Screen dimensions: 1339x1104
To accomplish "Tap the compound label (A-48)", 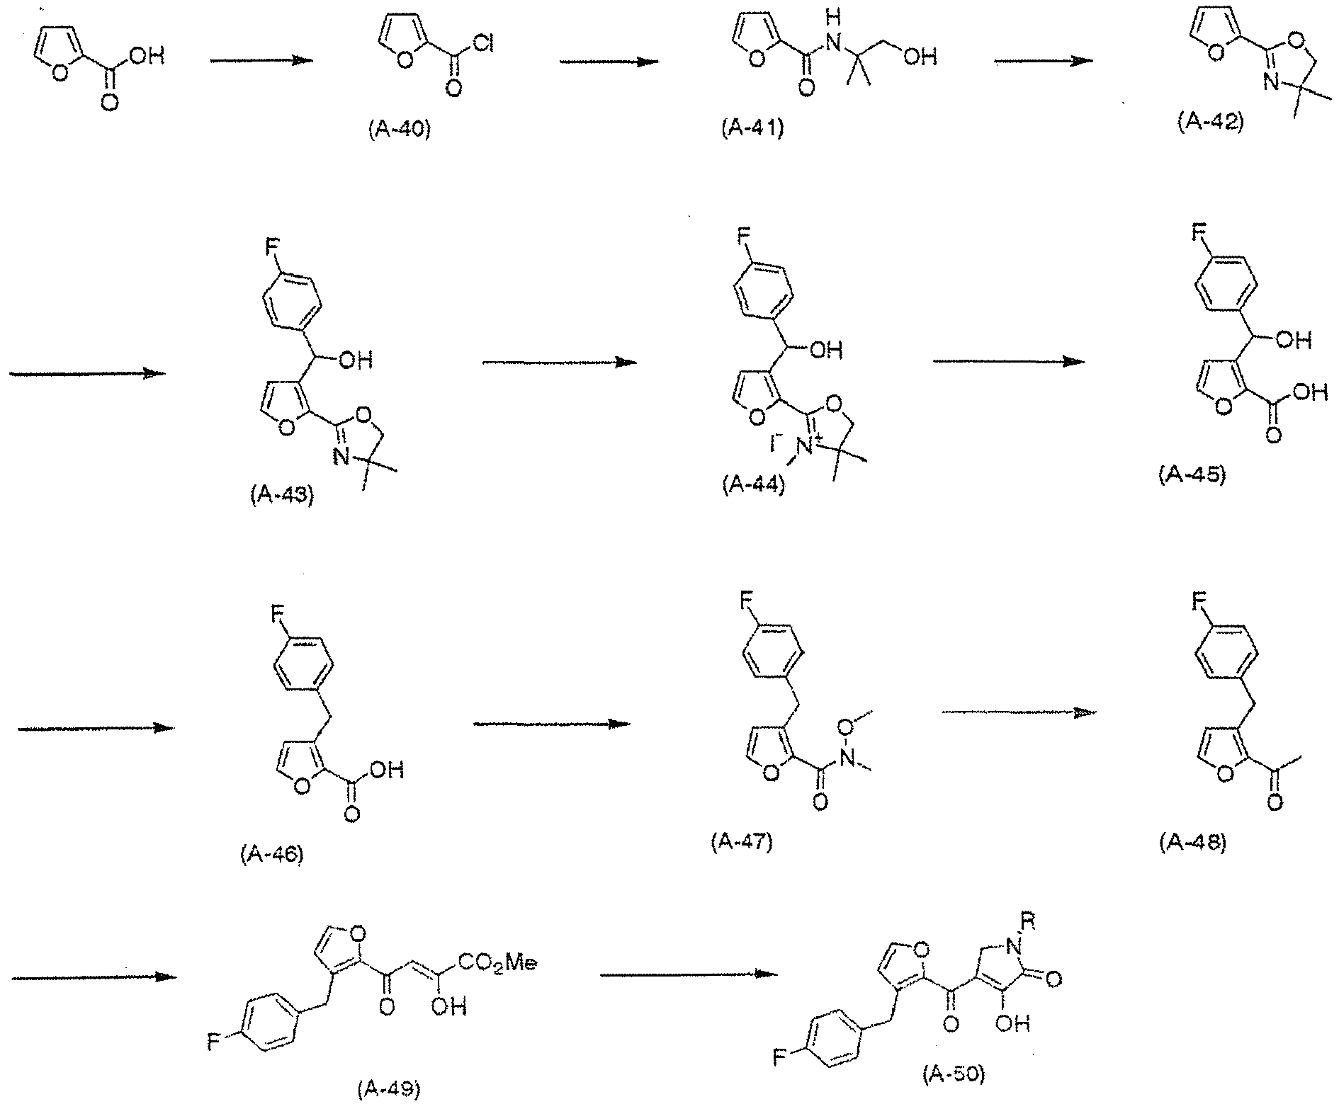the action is pyautogui.click(x=1193, y=843).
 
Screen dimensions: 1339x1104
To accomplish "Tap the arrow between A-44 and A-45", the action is pyautogui.click(x=1008, y=361).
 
